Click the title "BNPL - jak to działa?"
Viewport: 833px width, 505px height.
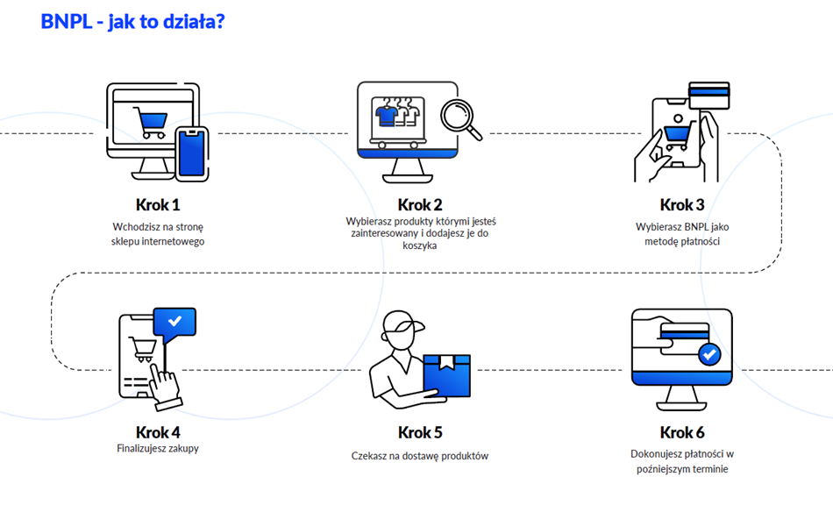click(132, 22)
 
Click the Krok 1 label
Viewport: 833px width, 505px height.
click(158, 205)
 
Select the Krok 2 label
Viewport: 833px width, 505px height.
click(420, 205)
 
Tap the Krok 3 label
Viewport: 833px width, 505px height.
click(682, 205)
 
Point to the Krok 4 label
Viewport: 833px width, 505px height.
click(158, 432)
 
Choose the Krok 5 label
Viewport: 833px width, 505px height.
click(420, 432)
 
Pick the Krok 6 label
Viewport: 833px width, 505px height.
click(682, 432)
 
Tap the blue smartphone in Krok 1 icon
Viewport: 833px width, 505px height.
click(190, 154)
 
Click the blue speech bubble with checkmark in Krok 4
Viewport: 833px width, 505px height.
click(174, 323)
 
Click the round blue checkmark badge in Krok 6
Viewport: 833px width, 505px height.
click(709, 354)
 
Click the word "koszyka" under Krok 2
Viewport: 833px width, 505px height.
click(420, 246)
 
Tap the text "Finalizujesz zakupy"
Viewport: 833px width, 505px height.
click(158, 449)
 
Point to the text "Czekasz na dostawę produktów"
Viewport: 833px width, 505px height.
click(420, 456)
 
